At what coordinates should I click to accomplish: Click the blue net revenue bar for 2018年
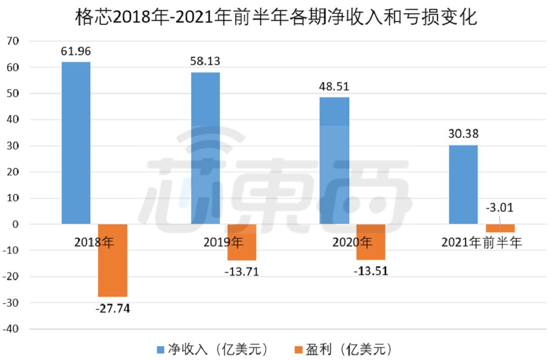pyautogui.click(x=75, y=143)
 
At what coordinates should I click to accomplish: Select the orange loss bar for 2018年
pyautogui.click(x=112, y=260)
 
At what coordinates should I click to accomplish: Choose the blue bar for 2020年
pyautogui.click(x=334, y=160)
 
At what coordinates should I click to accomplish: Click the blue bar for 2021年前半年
pyautogui.click(x=463, y=184)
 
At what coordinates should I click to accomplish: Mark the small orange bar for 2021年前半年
pyautogui.click(x=500, y=228)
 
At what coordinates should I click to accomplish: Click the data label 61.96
pyautogui.click(x=75, y=52)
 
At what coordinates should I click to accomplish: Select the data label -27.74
pyautogui.click(x=112, y=308)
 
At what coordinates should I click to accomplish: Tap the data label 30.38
pyautogui.click(x=463, y=134)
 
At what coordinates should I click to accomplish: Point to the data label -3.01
pyautogui.click(x=500, y=208)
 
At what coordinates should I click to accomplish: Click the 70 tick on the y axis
pyautogui.click(x=13, y=41)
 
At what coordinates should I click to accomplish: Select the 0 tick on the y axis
pyautogui.click(x=15, y=224)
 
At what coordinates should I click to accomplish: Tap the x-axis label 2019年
pyautogui.click(x=223, y=241)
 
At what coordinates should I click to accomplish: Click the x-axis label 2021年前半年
pyautogui.click(x=482, y=241)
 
